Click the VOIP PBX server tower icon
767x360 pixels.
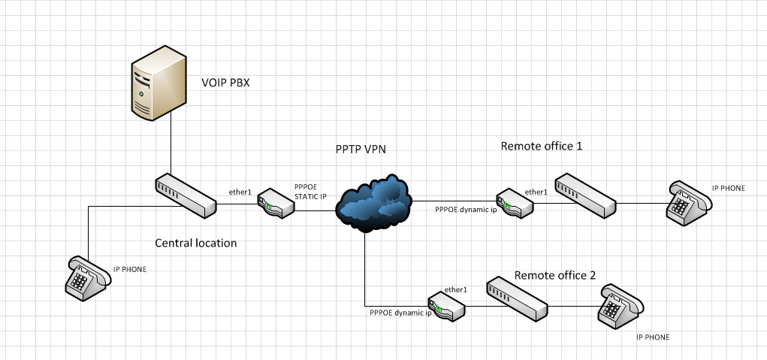(x=157, y=85)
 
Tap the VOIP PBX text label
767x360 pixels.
(x=225, y=83)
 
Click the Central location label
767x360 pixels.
(x=195, y=243)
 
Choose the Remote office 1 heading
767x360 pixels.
(x=542, y=145)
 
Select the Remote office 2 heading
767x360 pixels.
(x=555, y=275)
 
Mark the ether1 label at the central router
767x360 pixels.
(x=240, y=192)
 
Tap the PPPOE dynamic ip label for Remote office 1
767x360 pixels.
(x=466, y=210)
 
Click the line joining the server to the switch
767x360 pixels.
(x=171, y=147)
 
